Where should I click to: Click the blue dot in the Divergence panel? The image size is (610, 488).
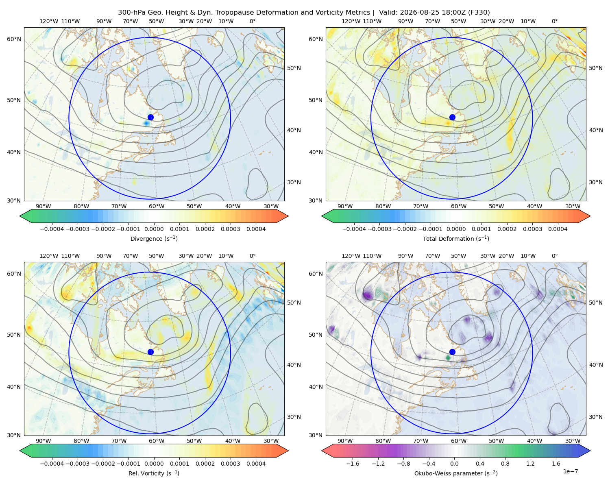(150, 118)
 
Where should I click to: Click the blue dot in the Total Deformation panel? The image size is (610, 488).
(452, 118)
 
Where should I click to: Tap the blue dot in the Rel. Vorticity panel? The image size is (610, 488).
(150, 352)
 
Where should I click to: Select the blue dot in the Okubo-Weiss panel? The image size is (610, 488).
(452, 352)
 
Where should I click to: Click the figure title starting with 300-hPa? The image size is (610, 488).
(304, 13)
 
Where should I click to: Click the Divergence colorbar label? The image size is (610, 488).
(154, 239)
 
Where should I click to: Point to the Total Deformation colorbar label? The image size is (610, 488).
(456, 239)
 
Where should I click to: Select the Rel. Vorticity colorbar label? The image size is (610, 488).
(154, 473)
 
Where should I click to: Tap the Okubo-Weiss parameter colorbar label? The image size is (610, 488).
(456, 473)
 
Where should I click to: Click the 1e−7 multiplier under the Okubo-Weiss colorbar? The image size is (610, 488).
(570, 471)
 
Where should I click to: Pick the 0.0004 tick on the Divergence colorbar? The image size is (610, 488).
(256, 229)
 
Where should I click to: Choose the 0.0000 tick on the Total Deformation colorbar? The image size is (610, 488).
(456, 229)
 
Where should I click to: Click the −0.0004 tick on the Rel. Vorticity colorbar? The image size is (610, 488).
(52, 464)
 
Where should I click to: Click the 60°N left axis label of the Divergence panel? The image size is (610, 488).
(14, 39)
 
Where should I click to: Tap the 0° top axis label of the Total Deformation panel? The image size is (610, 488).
(554, 21)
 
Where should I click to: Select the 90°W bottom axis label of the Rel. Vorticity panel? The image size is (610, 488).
(44, 441)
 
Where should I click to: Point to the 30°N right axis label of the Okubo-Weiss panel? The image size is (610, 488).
(596, 417)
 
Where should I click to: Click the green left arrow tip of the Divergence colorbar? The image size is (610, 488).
(20, 216)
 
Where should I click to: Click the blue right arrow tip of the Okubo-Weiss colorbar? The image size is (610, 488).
(590, 451)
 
